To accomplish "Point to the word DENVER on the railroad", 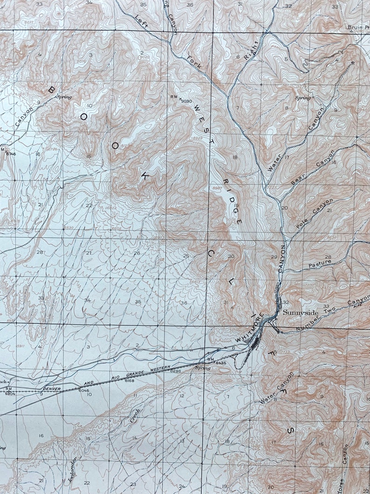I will (52, 388).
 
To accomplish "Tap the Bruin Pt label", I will (358, 27).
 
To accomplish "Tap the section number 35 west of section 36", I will (138, 302).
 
